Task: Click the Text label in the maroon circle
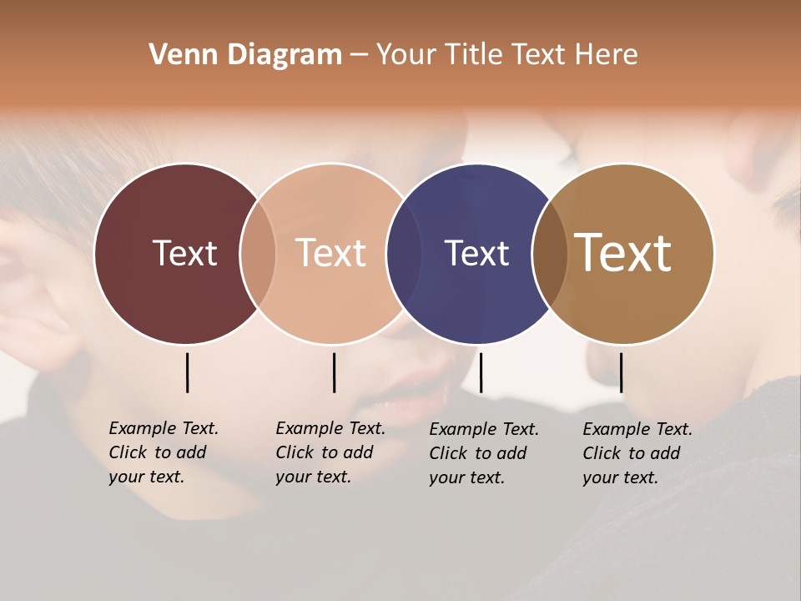(x=184, y=253)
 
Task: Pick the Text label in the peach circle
(x=330, y=253)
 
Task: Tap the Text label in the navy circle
(x=476, y=253)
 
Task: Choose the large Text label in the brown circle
(x=622, y=253)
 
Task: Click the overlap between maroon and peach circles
(x=258, y=253)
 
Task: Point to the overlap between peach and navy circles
(x=404, y=253)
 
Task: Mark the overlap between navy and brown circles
(x=550, y=253)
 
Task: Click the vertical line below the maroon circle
(x=187, y=372)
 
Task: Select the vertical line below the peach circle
(x=334, y=372)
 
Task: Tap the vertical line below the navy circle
(x=481, y=372)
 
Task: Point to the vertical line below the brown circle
(x=621, y=372)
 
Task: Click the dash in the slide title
(x=359, y=55)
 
